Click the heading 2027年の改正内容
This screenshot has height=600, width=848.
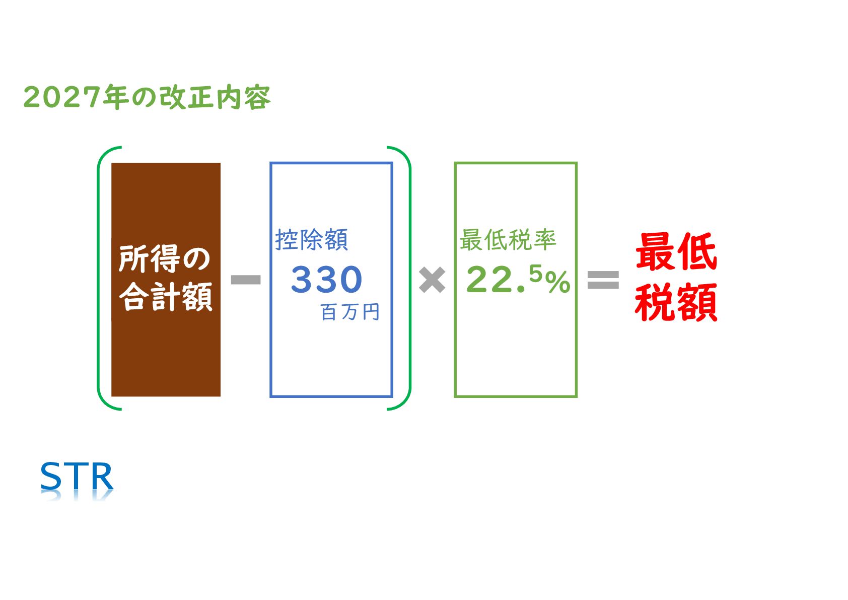click(x=147, y=97)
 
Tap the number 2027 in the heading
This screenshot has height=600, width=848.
click(x=62, y=97)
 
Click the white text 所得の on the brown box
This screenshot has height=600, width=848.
click(x=165, y=259)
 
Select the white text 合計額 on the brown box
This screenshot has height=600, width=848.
click(x=166, y=297)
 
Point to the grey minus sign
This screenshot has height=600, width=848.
click(x=246, y=280)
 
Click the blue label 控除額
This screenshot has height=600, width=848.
click(x=312, y=240)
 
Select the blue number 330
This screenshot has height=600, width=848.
click(x=326, y=280)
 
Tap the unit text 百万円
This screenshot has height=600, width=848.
click(x=350, y=312)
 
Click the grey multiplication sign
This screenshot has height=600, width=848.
click(x=432, y=280)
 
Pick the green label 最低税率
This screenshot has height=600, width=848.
click(x=508, y=240)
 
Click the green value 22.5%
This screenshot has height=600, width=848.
click(x=518, y=280)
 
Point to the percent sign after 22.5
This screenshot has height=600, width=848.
click(x=558, y=282)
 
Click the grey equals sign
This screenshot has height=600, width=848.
click(x=603, y=280)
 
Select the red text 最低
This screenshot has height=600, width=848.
click(x=676, y=252)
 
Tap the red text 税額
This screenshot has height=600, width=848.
click(x=676, y=302)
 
